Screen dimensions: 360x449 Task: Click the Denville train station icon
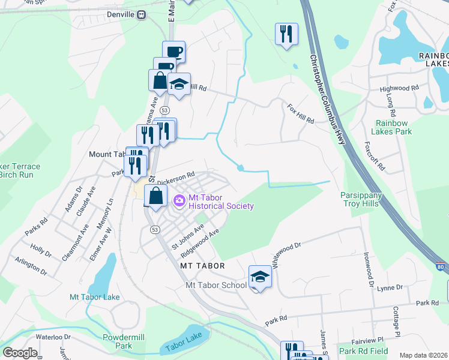[x=141, y=14]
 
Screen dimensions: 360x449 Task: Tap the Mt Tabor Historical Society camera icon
[x=178, y=200]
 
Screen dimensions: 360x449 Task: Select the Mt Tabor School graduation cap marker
[x=260, y=277]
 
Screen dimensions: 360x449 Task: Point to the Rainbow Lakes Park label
[x=391, y=127]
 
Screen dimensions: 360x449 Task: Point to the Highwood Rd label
[x=399, y=88]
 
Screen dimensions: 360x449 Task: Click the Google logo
[x=20, y=353]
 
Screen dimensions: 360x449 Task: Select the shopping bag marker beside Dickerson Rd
[x=155, y=196]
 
